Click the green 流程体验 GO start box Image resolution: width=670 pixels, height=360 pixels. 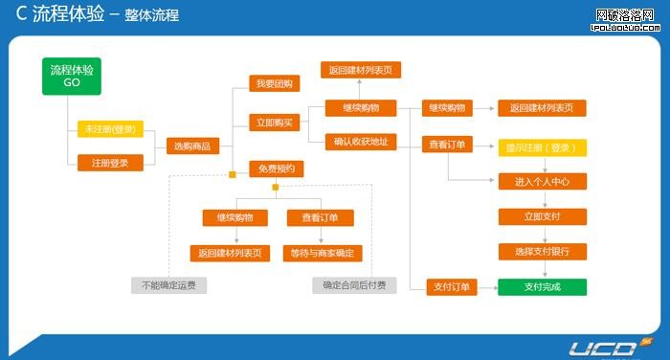[x=72, y=77]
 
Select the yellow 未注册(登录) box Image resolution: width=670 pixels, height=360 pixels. [x=110, y=129]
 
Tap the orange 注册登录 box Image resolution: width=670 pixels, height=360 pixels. [x=110, y=163]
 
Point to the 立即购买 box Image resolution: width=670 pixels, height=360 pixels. [x=275, y=122]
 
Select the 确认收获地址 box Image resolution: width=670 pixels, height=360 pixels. [x=360, y=143]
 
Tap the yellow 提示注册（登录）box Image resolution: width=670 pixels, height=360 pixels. [x=542, y=148]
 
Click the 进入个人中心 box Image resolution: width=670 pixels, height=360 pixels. [x=542, y=182]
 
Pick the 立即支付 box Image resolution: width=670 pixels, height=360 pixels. [x=542, y=216]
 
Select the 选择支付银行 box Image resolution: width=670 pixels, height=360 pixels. [x=542, y=251]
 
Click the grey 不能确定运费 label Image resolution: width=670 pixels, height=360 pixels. [x=169, y=285]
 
